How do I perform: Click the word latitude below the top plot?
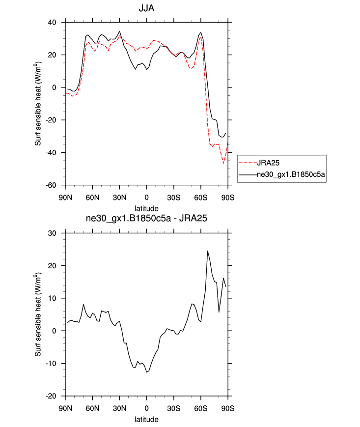147,208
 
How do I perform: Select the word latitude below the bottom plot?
147,420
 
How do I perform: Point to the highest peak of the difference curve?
207,251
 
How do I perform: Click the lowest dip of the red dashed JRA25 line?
223,163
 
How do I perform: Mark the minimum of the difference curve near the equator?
146,372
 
